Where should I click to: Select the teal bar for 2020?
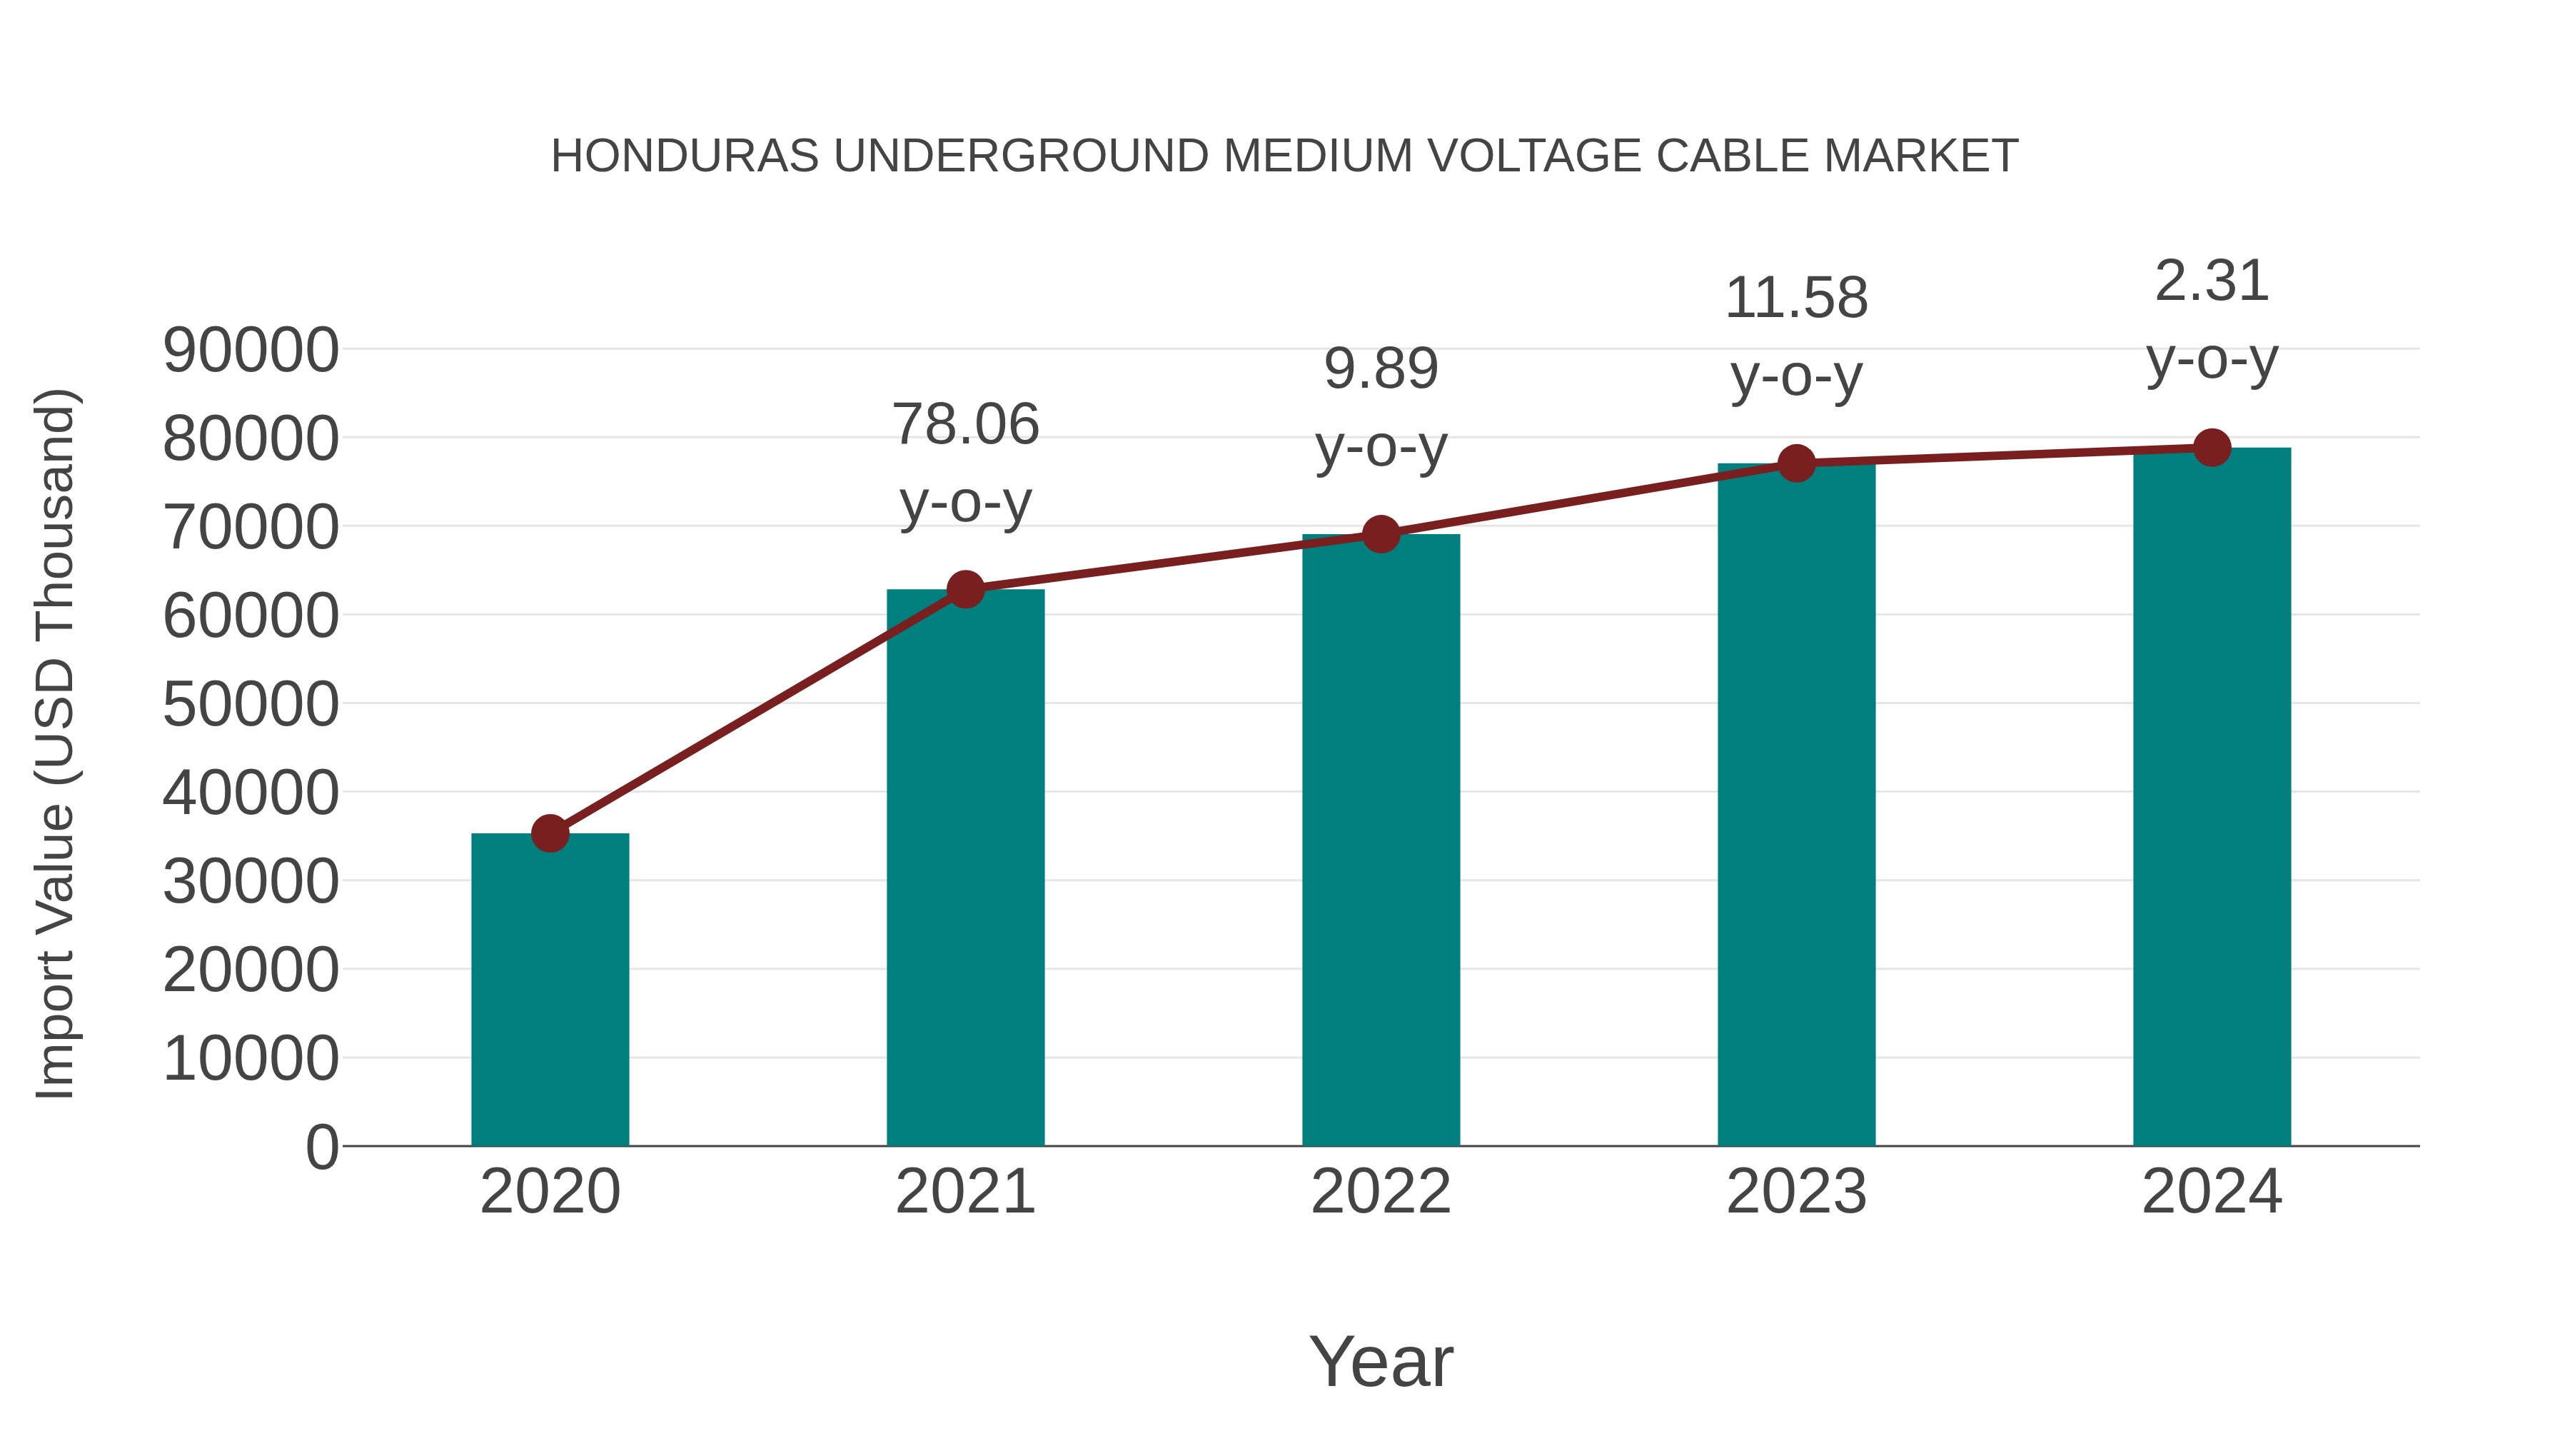click(x=550, y=988)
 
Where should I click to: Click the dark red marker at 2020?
click(x=550, y=833)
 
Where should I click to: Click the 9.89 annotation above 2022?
click(x=1381, y=369)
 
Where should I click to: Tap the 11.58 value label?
click(x=1796, y=298)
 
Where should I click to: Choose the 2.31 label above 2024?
click(x=2212, y=281)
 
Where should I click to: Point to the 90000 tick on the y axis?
click(x=251, y=351)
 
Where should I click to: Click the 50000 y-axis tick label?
click(x=251, y=705)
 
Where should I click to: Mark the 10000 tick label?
click(x=251, y=1059)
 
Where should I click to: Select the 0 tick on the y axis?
click(x=322, y=1147)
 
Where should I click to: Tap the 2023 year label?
click(x=1796, y=1192)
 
